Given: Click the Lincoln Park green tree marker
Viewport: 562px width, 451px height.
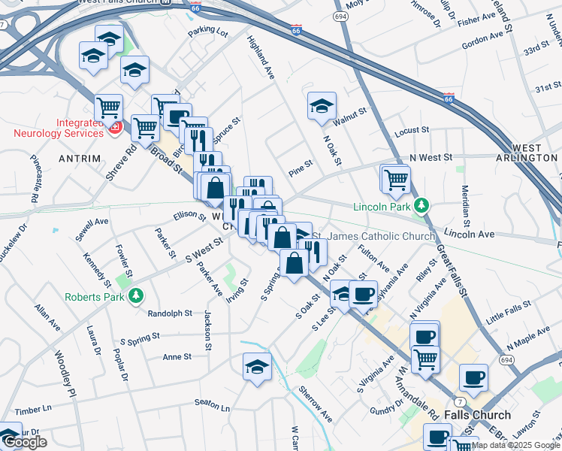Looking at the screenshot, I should tap(422, 205).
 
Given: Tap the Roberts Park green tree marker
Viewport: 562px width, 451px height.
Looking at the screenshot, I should tap(136, 296).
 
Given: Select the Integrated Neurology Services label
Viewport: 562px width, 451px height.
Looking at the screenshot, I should tap(58, 128).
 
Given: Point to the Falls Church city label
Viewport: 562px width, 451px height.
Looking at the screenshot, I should tap(477, 415).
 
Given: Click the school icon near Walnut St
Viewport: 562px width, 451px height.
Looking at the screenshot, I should tap(322, 106).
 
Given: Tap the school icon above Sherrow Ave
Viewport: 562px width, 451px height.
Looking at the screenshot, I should tap(257, 366).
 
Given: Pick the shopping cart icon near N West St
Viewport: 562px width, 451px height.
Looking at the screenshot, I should tap(396, 178).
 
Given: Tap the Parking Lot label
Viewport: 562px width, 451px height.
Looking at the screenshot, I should tap(208, 32).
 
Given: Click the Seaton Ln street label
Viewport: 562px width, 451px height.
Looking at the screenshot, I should tap(212, 405).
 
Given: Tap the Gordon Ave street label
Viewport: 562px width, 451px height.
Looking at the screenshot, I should tap(482, 38).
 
